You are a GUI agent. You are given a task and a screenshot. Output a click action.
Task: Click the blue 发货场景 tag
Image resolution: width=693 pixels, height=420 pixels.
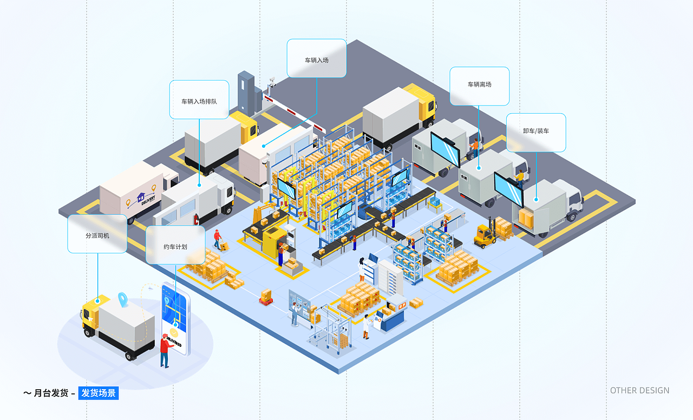point(99,393)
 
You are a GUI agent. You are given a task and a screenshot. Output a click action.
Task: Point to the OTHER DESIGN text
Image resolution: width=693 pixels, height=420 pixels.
point(639,391)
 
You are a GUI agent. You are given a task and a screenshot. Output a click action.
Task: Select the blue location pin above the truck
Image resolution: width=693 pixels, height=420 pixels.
point(123,299)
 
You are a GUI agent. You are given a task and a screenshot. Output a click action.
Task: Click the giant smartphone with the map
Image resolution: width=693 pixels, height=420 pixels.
point(175,319)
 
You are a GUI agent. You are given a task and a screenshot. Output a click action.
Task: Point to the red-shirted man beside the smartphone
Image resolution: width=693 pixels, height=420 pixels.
point(166,351)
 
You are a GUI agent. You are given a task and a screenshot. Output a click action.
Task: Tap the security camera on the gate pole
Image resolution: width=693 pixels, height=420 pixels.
point(272,81)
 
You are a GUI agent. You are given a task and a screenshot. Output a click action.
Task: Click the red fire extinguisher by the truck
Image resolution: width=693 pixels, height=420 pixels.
point(196,219)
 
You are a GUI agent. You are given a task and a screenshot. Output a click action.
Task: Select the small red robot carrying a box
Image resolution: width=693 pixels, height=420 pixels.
point(266,297)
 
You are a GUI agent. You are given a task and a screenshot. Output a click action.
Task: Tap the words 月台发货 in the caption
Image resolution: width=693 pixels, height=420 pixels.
point(51,393)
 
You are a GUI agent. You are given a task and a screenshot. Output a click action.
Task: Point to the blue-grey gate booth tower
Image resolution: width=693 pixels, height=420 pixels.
point(246,93)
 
